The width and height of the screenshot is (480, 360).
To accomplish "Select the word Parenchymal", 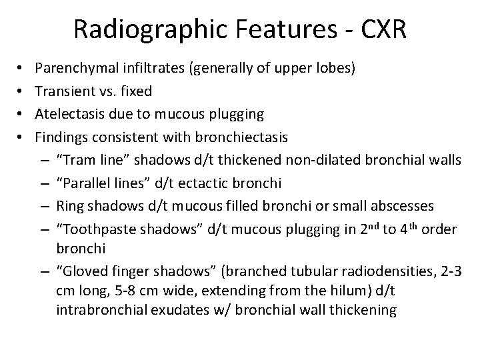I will [x=73, y=67].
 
